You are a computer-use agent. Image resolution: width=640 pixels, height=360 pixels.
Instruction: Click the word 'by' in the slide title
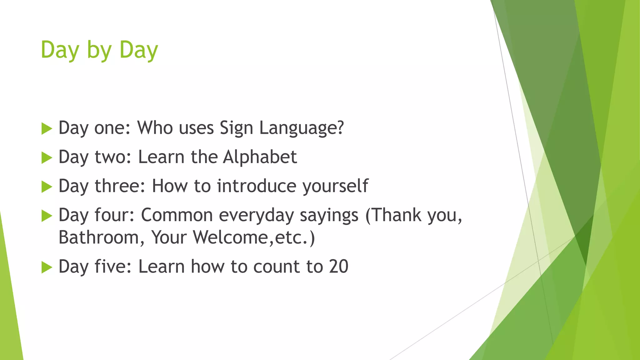[99, 51]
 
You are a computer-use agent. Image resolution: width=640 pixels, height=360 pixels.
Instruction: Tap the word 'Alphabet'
[260, 157]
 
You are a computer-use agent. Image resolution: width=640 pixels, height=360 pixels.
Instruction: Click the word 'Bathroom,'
[102, 237]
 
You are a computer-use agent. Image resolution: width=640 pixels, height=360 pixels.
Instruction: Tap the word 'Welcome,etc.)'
[254, 237]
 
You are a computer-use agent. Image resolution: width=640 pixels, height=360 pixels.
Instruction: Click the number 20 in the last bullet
[338, 267]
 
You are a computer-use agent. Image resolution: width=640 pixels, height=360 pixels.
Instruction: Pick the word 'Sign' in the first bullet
[236, 128]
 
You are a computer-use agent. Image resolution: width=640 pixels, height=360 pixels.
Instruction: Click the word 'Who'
[155, 128]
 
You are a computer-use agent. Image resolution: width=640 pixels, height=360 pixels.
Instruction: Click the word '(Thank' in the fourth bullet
[393, 215]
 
